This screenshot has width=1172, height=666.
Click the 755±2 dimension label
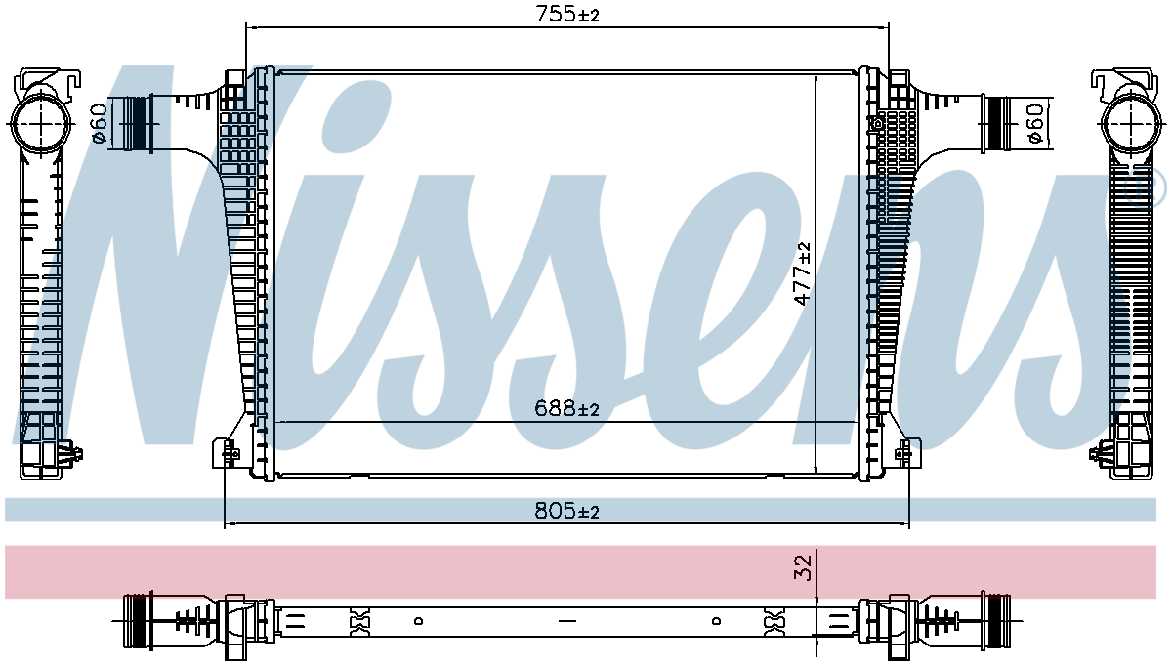567,14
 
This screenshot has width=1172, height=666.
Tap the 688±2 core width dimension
566,408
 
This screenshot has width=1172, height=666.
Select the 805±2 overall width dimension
566,510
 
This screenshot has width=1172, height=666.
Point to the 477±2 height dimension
802,273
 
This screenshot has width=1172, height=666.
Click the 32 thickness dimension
803,567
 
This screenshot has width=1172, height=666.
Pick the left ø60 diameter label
99,123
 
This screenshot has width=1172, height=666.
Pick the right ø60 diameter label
1035,123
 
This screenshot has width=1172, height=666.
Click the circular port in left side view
40,124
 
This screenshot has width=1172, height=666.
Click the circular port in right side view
1131,124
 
